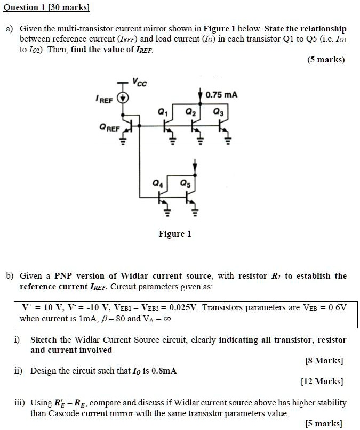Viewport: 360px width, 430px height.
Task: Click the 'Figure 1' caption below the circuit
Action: pyautogui.click(x=174, y=233)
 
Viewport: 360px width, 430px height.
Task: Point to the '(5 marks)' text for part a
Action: pyautogui.click(x=326, y=60)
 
